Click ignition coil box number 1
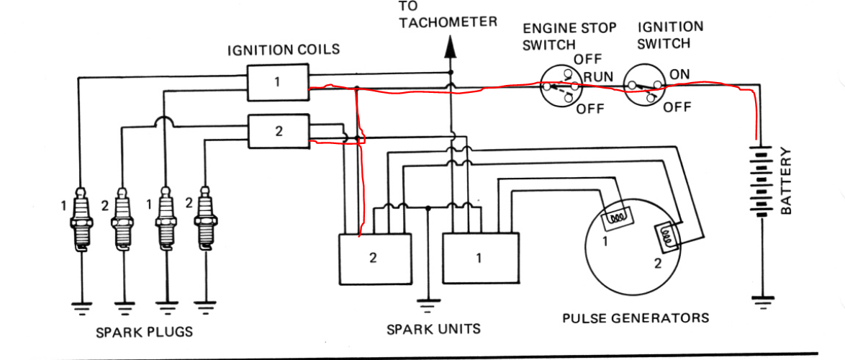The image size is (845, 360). [277, 82]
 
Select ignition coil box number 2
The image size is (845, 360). [279, 131]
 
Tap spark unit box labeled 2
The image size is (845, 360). [374, 258]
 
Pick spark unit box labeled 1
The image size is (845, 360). [479, 258]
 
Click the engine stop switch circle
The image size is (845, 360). [561, 88]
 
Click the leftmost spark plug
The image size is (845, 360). [81, 220]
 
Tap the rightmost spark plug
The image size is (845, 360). [207, 219]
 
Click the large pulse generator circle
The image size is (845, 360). [633, 252]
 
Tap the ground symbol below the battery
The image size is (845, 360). [762, 300]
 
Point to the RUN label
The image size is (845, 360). [597, 77]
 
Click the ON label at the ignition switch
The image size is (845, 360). [680, 74]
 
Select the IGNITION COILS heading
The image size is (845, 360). [284, 50]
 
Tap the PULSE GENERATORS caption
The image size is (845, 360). [636, 318]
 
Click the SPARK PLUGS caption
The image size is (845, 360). [144, 332]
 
